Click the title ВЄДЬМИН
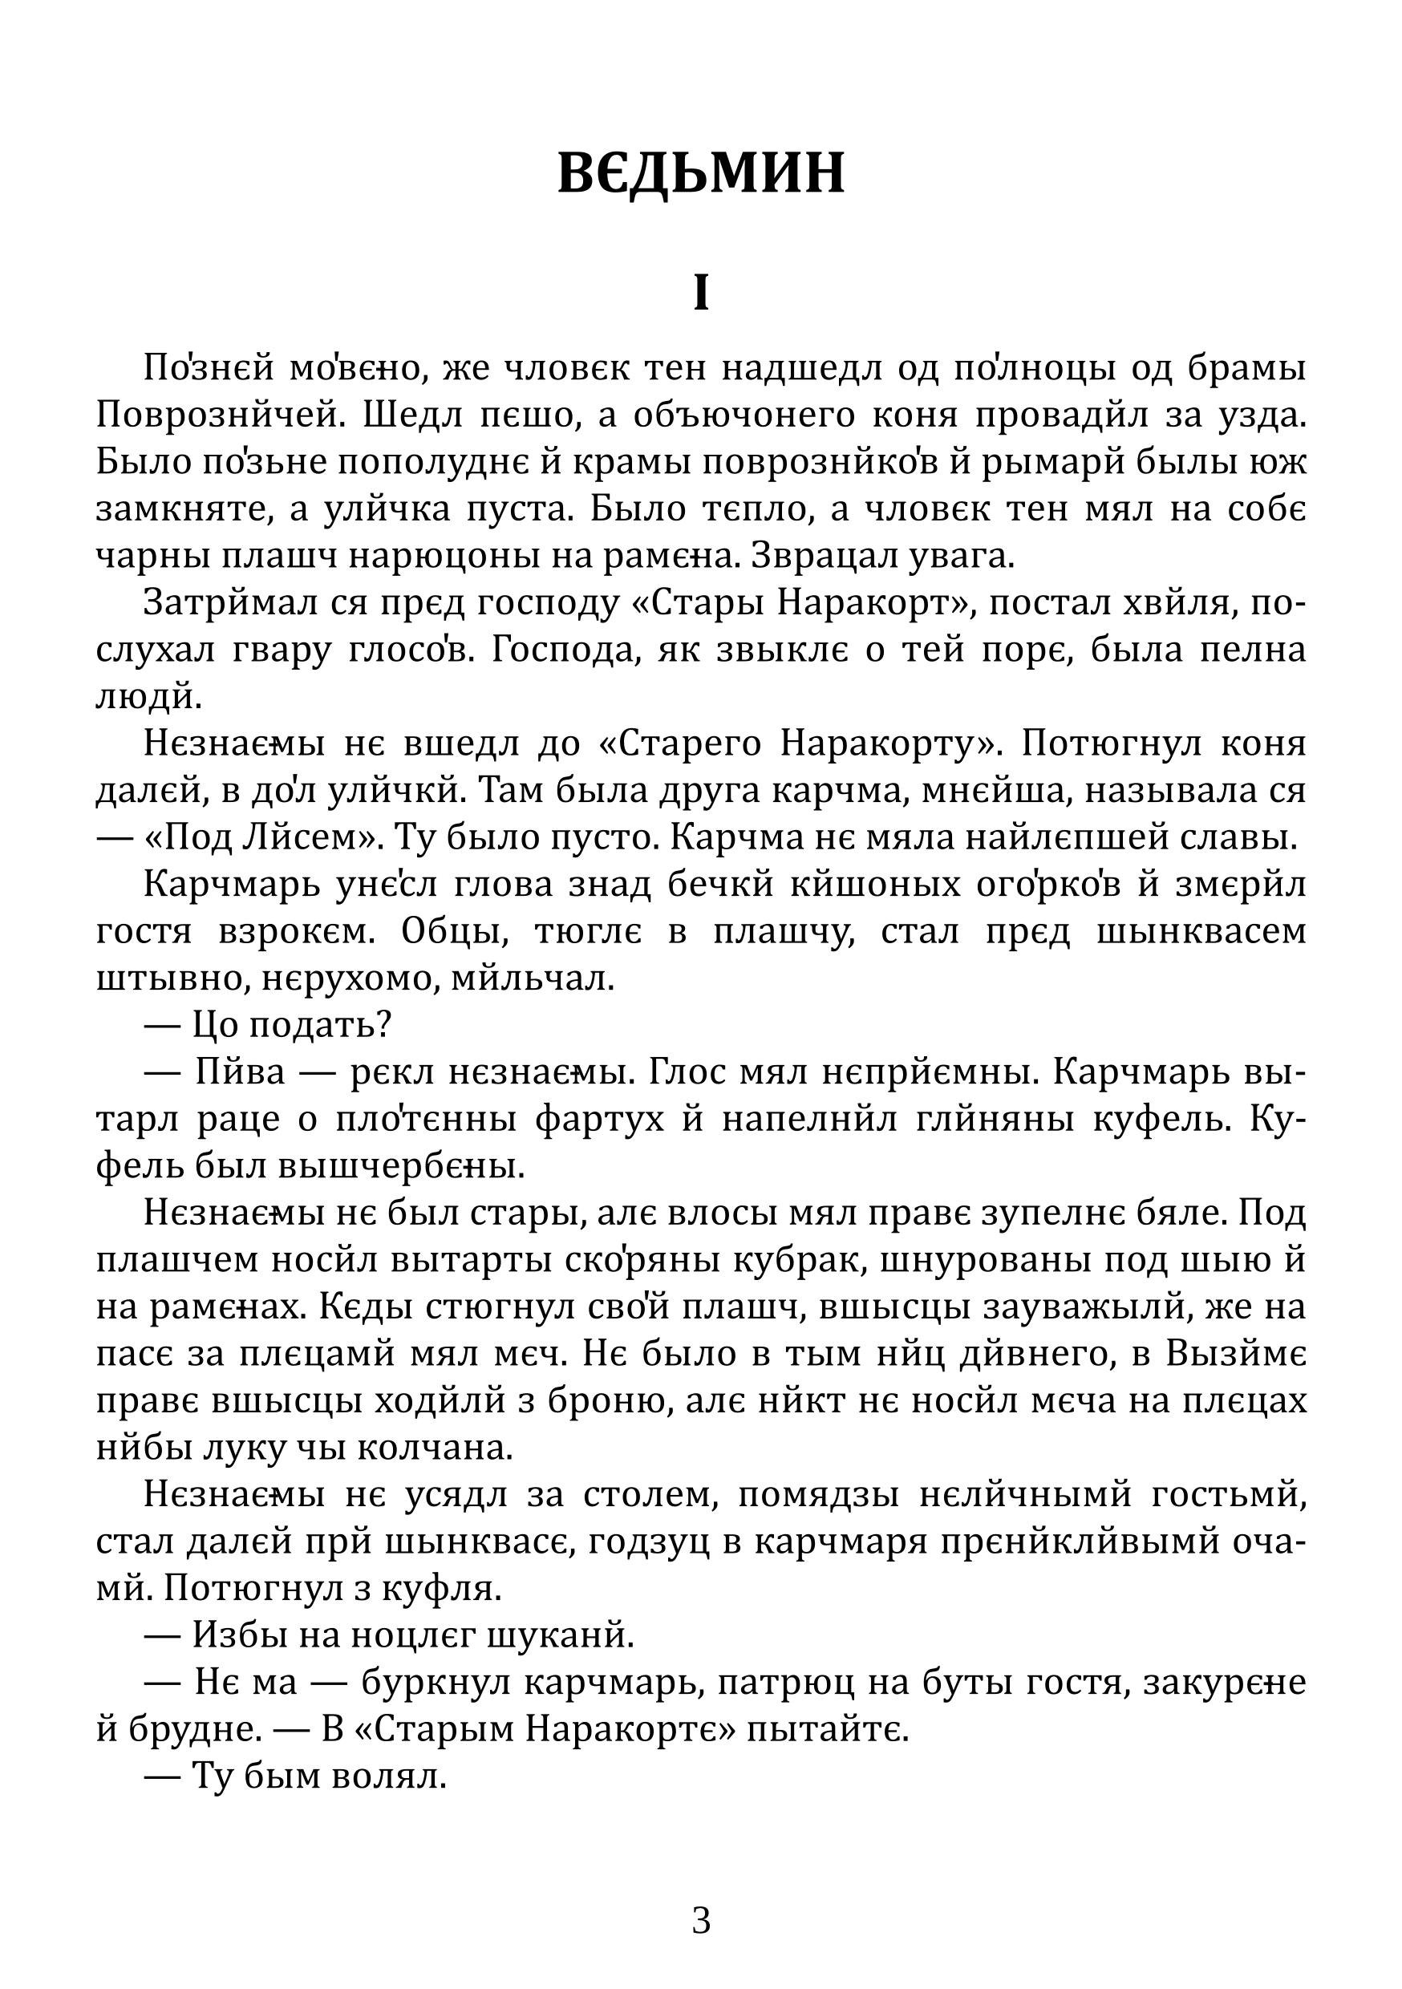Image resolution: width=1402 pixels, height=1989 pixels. tap(700, 173)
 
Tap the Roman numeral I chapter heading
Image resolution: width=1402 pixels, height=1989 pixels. tap(700, 294)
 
